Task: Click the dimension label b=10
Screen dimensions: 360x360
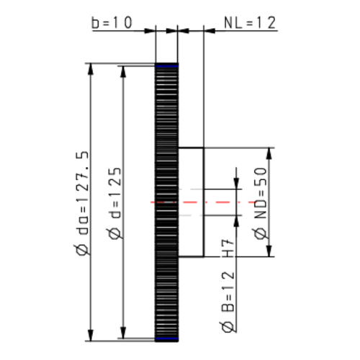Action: point(112,23)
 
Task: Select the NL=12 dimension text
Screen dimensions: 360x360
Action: point(250,23)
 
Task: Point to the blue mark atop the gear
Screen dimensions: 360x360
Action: point(166,66)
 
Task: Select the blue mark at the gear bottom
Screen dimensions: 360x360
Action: point(166,338)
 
